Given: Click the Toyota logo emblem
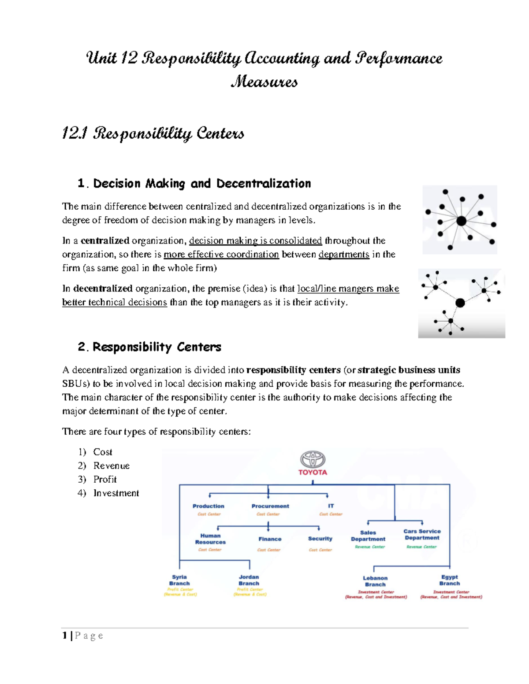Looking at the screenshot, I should click(x=313, y=459).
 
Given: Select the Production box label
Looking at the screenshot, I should click(x=209, y=506).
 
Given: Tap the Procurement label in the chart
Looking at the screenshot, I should click(x=270, y=506).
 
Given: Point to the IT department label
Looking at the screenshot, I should click(x=331, y=506).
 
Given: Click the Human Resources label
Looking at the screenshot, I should click(x=210, y=539).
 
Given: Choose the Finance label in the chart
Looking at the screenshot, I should click(x=270, y=539).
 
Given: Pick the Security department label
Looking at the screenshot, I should click(x=320, y=539).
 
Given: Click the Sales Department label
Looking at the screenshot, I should click(x=368, y=536).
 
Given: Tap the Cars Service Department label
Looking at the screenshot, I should click(x=422, y=534).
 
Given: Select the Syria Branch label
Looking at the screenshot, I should click(x=179, y=580).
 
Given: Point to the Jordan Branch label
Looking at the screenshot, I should click(x=249, y=580).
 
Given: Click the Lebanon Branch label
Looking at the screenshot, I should click(x=375, y=581).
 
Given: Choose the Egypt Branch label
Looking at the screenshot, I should click(x=449, y=580).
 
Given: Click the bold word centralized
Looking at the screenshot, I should click(x=105, y=241).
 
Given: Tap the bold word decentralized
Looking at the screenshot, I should click(x=103, y=289).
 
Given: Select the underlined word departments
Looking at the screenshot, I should click(x=344, y=255).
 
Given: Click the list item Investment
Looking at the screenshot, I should click(x=116, y=493).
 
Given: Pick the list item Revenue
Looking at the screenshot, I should click(x=112, y=466).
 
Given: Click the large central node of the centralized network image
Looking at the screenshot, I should click(x=461, y=221).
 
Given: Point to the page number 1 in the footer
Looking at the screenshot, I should click(x=65, y=636).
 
